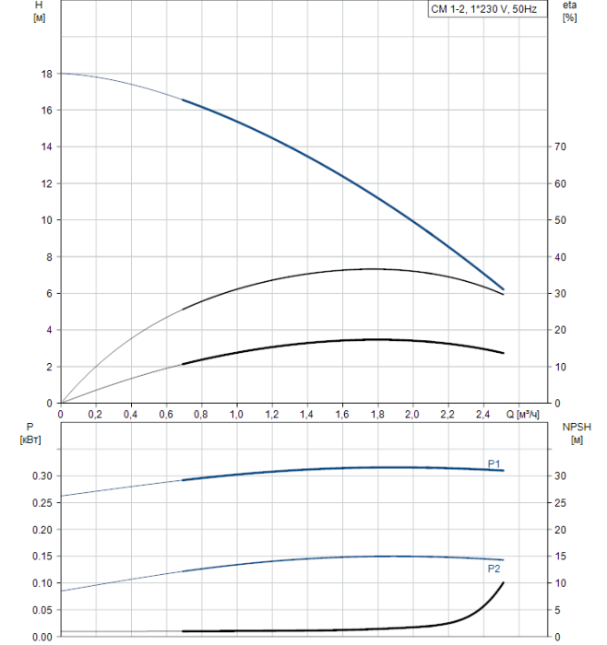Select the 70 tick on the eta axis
click(559, 147)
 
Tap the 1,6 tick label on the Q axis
click(341, 414)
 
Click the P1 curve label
click(494, 463)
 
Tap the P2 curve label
click(494, 569)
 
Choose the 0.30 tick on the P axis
click(42, 475)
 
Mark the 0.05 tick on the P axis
click(42, 610)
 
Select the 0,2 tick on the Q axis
click(95, 414)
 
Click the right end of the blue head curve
click(504, 289)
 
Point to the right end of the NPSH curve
click(504, 582)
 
